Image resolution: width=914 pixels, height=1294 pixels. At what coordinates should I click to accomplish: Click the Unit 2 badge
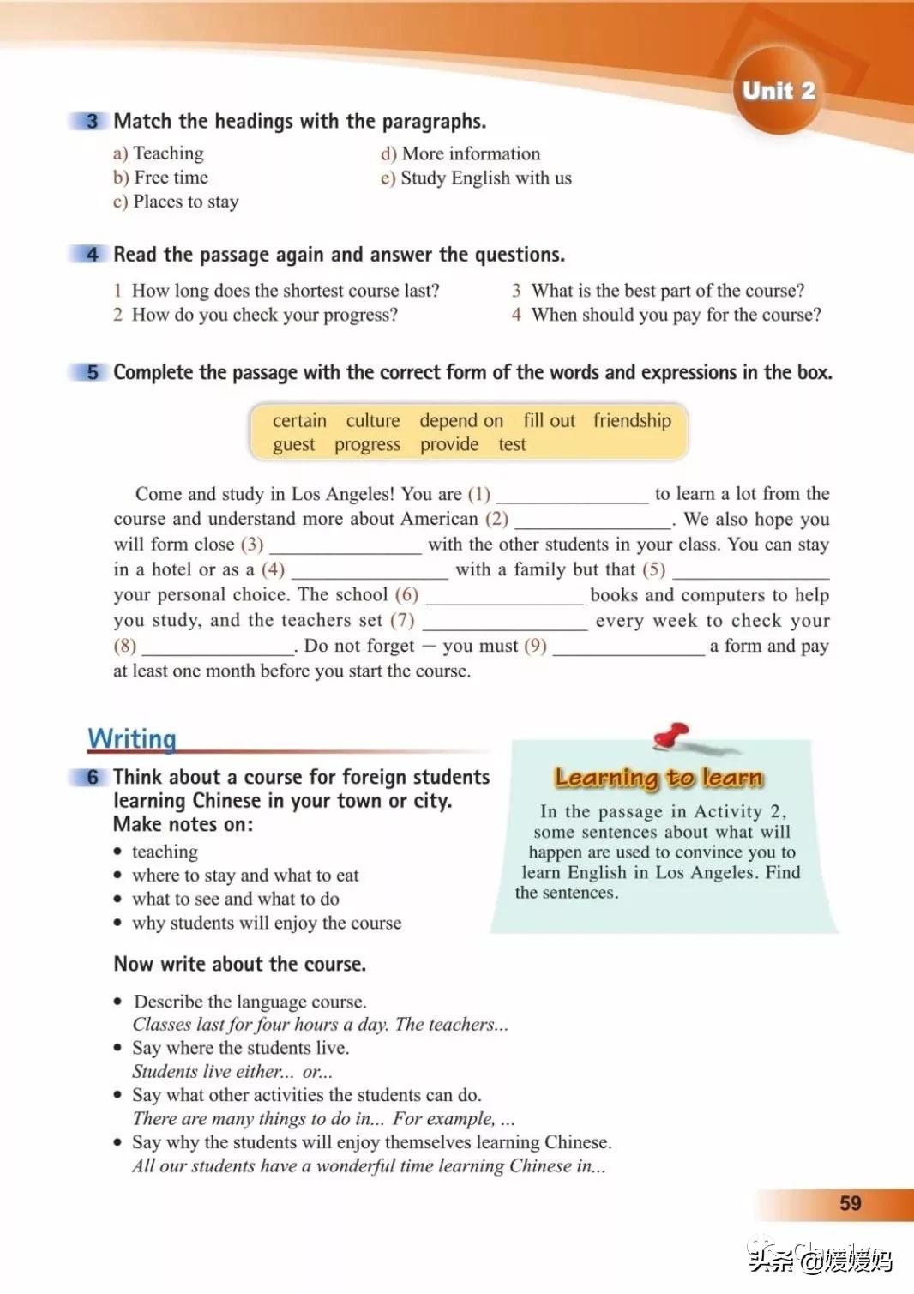click(778, 91)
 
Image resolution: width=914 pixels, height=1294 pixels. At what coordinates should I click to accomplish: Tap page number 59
click(850, 1203)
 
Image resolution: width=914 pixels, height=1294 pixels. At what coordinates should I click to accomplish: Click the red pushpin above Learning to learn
click(672, 736)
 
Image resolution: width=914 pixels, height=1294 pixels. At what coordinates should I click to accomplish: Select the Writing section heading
click(132, 738)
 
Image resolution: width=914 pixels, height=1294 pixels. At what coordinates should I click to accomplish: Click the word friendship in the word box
click(632, 420)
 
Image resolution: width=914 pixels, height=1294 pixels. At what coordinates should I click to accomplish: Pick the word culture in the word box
click(373, 420)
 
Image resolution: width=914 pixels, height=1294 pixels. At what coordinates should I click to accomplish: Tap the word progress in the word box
click(367, 444)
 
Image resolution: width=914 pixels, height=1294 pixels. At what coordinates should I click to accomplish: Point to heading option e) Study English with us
click(476, 178)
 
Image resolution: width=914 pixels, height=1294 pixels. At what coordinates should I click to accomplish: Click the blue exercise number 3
click(92, 121)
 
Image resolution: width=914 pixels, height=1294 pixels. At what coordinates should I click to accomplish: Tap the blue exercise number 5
click(92, 372)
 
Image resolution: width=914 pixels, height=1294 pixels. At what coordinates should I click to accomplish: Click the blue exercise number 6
click(92, 777)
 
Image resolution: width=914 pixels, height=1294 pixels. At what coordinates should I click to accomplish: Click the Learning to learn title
click(658, 778)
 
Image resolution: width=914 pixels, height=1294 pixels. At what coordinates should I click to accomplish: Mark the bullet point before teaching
click(118, 852)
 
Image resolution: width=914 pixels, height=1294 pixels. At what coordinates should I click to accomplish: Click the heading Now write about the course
click(239, 964)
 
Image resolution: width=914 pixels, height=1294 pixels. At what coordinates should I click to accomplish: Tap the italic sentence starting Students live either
click(232, 1071)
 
